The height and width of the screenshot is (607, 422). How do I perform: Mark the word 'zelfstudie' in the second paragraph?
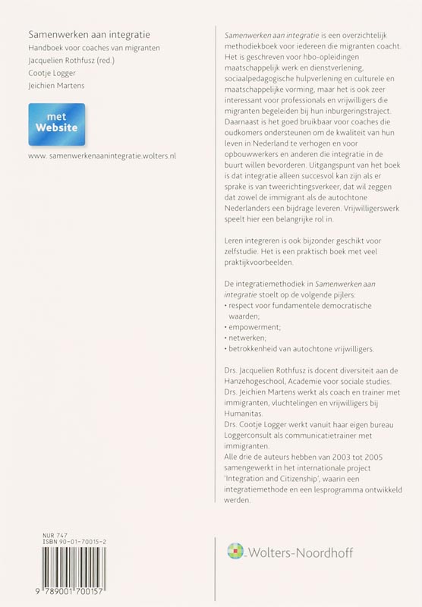tap(237, 250)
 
